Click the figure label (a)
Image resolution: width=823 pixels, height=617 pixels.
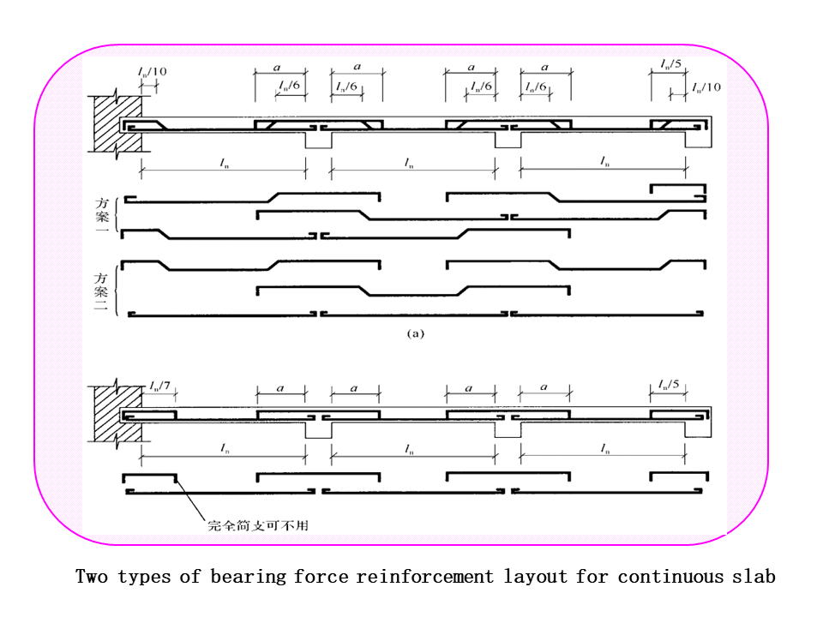pyautogui.click(x=415, y=334)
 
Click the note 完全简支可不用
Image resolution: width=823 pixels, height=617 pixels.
pyautogui.click(x=257, y=524)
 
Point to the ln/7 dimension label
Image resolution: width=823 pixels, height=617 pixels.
pyautogui.click(x=159, y=386)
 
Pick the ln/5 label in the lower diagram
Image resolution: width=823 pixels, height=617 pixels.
pyautogui.click(x=670, y=384)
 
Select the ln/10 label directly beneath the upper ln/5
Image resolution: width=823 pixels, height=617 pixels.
pyautogui.click(x=707, y=87)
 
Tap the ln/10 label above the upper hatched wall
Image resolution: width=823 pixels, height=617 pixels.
pyautogui.click(x=153, y=71)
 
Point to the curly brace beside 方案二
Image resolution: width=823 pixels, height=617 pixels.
pyautogui.click(x=119, y=290)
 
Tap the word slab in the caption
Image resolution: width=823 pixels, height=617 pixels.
pyautogui.click(x=754, y=577)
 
